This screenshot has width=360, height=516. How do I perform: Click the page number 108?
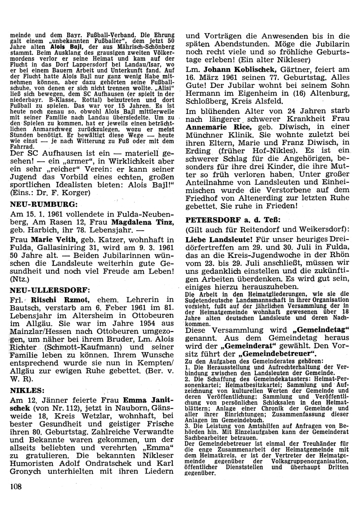tap(16, 487)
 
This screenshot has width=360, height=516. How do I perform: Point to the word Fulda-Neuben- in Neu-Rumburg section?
tap(143, 214)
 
